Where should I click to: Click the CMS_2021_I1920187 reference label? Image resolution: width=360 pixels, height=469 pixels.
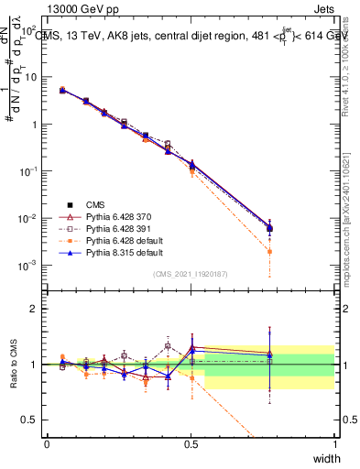tap(191, 275)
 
